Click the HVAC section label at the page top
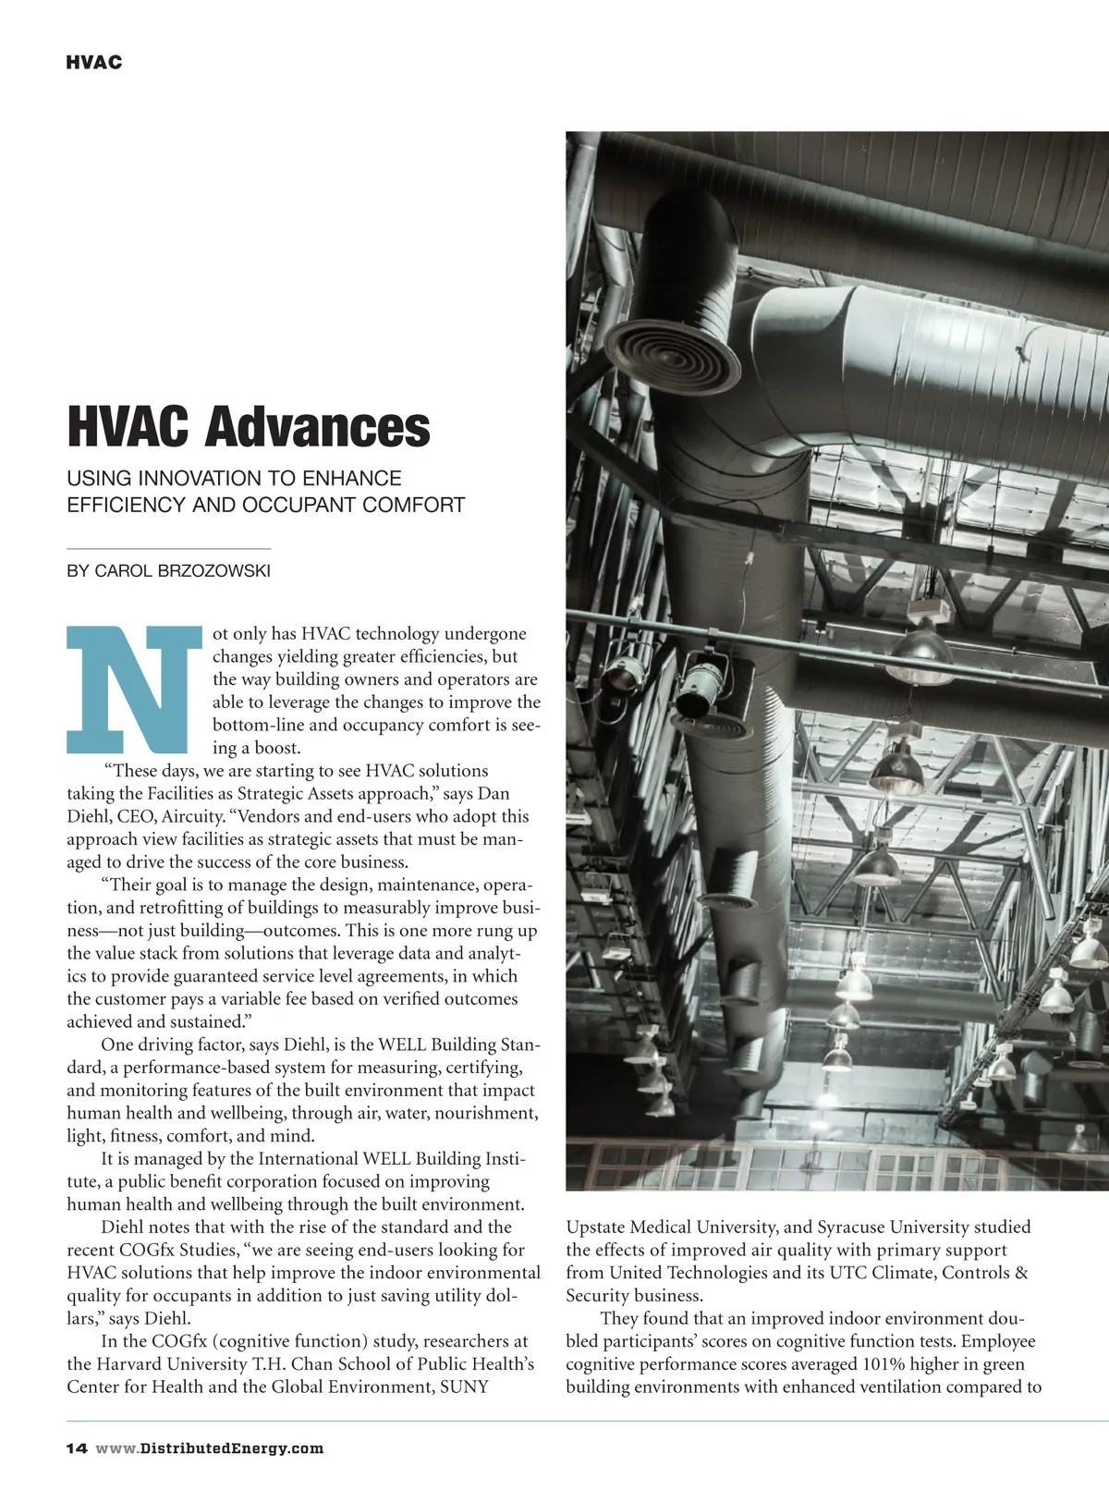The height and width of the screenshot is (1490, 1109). pos(94,63)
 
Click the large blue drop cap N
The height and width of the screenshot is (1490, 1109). pos(134,689)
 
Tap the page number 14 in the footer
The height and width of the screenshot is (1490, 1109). pos(76,1448)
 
